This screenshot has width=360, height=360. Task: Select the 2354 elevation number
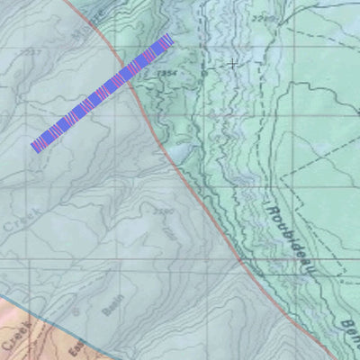[x=165, y=72]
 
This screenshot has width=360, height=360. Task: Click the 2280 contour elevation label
[x=163, y=213]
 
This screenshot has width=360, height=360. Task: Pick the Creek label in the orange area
[x=13, y=341]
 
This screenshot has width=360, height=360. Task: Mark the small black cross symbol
[x=233, y=64]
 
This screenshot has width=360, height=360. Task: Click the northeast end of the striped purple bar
[x=168, y=39]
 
